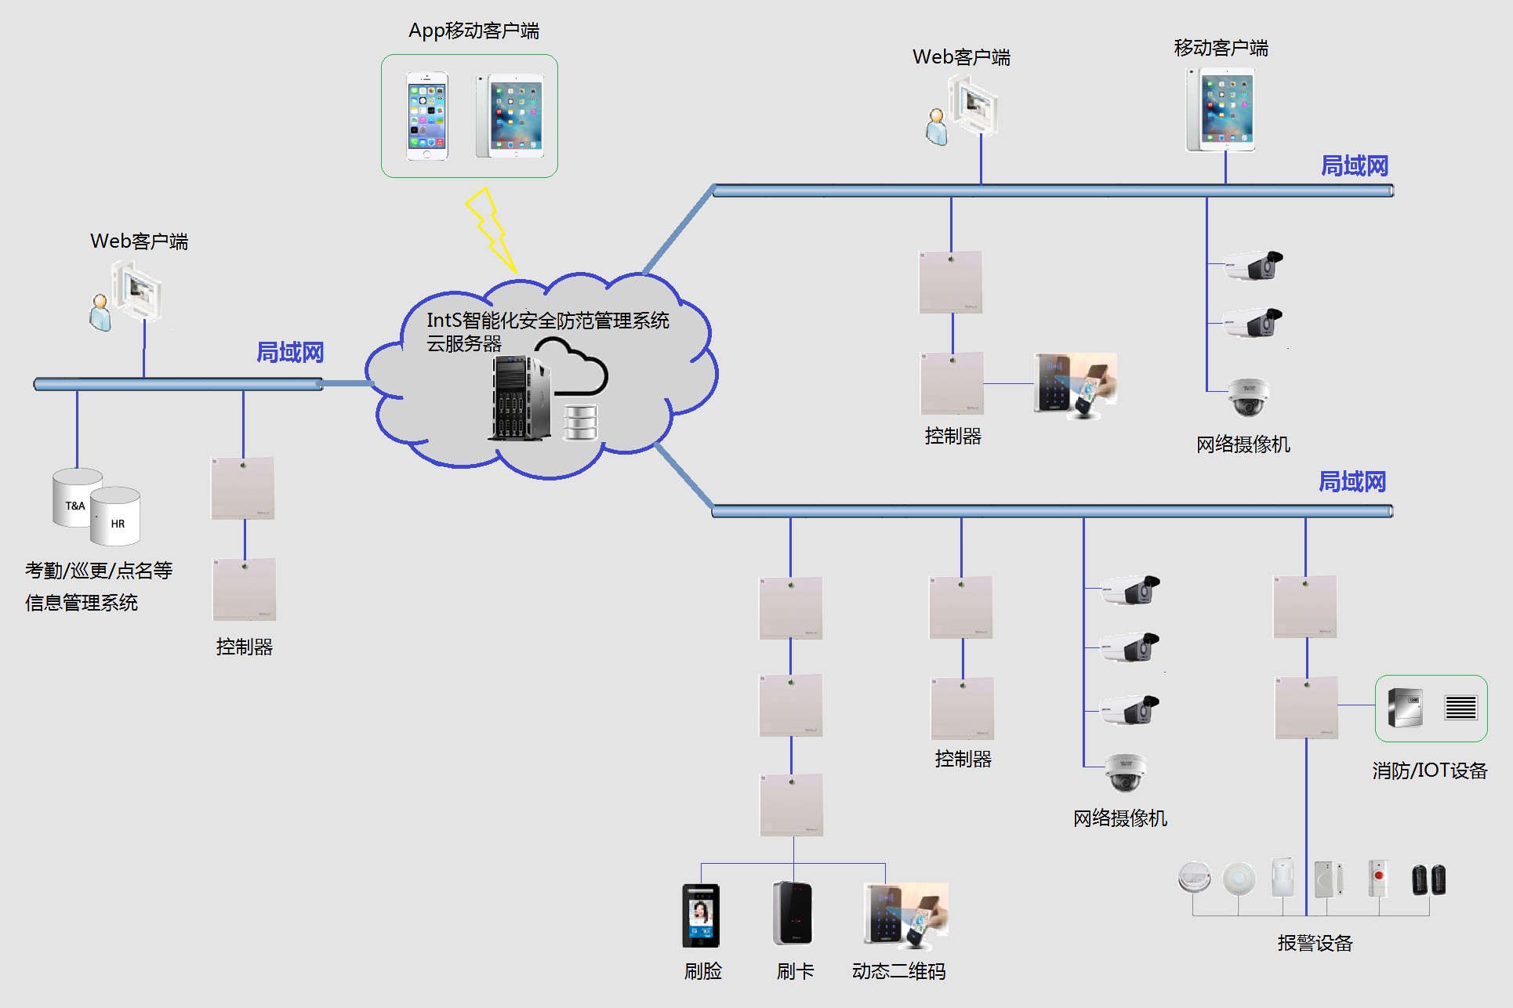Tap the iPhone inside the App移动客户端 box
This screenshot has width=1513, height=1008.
[x=427, y=116]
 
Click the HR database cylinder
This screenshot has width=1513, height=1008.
[x=115, y=517]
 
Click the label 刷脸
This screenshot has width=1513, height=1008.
[x=702, y=971]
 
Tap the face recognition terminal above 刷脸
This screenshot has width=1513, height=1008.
[x=700, y=915]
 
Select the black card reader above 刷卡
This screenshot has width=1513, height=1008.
[x=793, y=913]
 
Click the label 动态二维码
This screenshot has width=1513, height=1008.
[x=898, y=971]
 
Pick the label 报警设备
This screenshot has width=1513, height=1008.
[x=1315, y=943]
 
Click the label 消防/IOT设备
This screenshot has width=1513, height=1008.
[x=1429, y=771]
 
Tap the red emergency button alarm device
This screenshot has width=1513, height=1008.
[x=1377, y=878]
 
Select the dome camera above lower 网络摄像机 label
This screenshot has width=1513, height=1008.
[x=1126, y=773]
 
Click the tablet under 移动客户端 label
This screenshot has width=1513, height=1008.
[x=1221, y=110]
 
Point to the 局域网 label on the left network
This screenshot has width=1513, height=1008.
[x=290, y=353]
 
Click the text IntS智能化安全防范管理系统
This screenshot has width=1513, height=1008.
[x=547, y=321]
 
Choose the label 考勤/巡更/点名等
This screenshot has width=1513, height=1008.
[x=99, y=571]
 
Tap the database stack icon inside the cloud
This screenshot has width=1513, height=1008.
[x=581, y=422]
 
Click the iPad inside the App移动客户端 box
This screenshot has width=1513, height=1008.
[x=510, y=116]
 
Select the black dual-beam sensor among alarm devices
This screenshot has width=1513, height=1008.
[x=1428, y=879]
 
